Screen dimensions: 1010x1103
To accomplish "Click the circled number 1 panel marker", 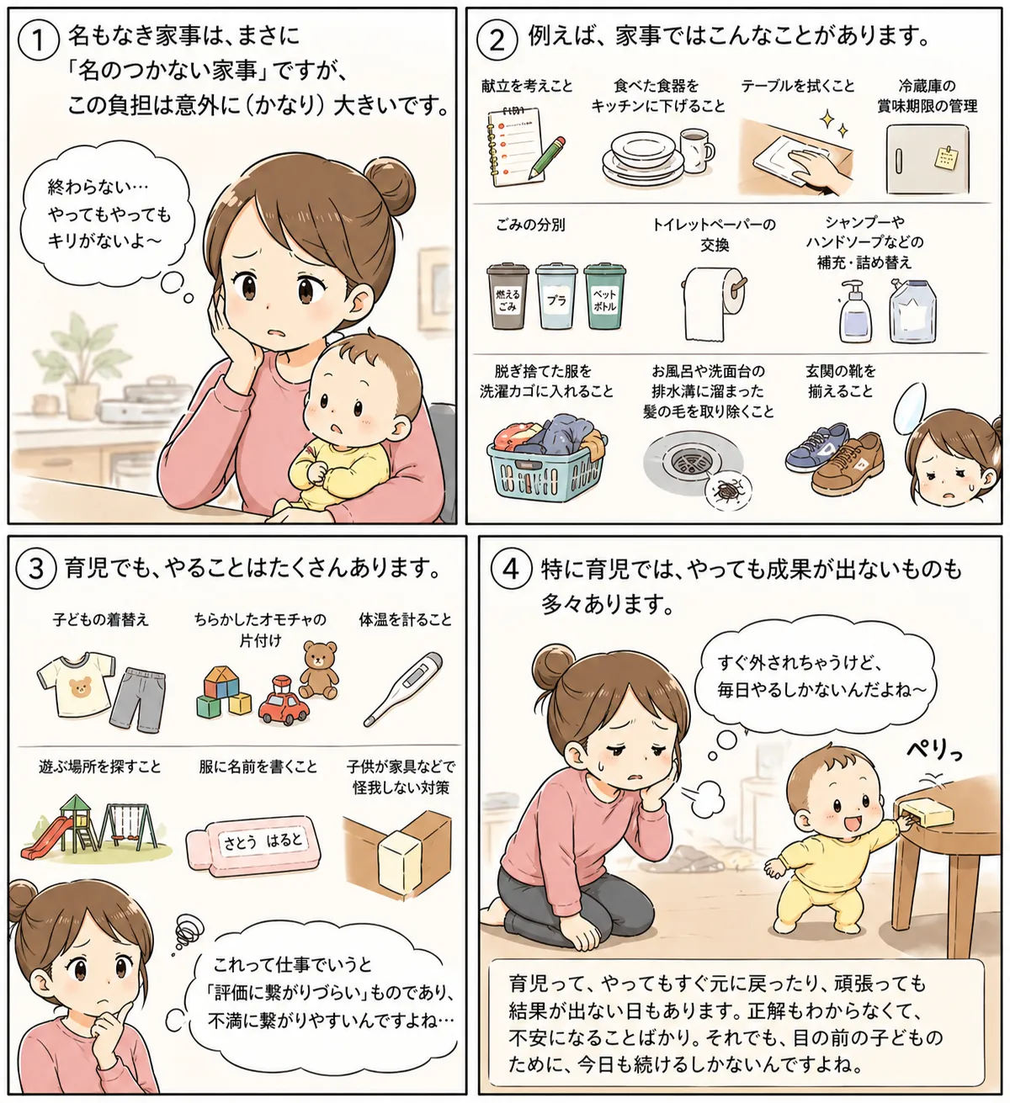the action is point(38,40).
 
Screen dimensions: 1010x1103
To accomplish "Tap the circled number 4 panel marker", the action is point(511,569).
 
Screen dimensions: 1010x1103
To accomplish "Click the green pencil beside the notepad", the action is point(547,157).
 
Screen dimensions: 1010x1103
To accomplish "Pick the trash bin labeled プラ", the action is point(556,296).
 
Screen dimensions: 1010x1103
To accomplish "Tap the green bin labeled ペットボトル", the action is point(604,296).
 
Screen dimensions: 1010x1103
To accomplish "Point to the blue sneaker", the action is point(816,447).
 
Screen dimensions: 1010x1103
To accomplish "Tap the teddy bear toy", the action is point(320,669).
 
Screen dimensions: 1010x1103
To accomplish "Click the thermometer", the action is point(402,689).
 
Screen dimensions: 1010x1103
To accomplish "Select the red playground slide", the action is point(48,837).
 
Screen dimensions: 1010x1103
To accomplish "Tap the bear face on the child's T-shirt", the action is point(80,686).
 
